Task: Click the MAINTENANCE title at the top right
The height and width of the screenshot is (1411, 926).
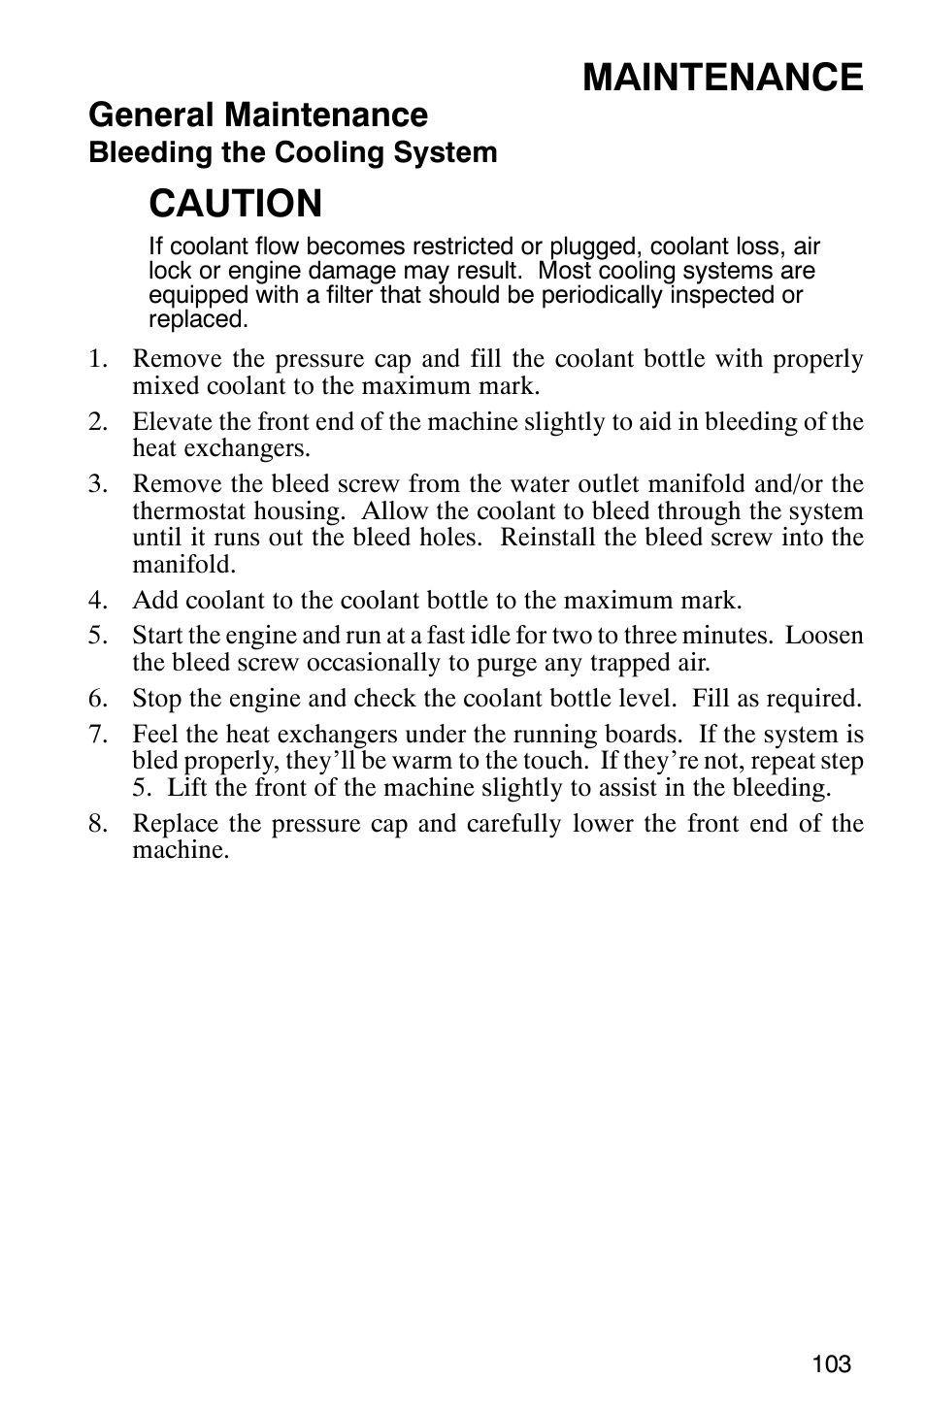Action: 723,77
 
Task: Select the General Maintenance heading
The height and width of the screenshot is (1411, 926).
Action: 257,115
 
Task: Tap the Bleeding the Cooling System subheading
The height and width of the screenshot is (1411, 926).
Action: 292,152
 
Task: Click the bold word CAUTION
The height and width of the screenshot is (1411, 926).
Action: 236,204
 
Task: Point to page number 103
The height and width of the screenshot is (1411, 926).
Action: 832,1363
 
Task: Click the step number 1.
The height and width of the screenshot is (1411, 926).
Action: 95,359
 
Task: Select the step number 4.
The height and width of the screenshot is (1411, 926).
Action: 95,600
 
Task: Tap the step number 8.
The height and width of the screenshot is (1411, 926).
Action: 95,824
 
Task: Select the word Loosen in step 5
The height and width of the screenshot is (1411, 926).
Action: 824,636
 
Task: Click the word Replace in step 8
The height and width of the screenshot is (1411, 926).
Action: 172,824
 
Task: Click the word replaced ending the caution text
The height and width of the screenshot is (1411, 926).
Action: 198,319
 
